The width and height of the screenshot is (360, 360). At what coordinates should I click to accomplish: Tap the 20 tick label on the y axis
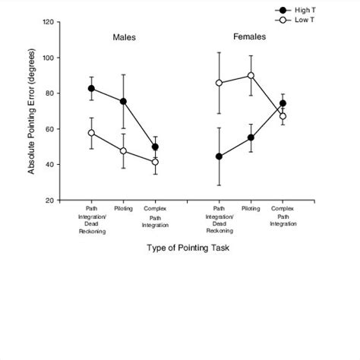pyautogui.click(x=49, y=201)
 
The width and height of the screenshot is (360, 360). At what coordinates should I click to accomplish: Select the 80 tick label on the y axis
pyautogui.click(x=49, y=93)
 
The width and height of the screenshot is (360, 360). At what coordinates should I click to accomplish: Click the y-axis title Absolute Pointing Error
pyautogui.click(x=32, y=111)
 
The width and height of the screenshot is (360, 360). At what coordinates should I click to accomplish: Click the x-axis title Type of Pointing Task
pyautogui.click(x=188, y=248)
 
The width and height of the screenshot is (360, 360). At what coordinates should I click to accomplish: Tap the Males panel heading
pyautogui.click(x=125, y=37)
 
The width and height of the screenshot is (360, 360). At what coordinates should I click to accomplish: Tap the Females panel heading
pyautogui.click(x=249, y=37)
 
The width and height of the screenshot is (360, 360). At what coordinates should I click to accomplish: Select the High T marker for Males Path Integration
pyautogui.click(x=91, y=88)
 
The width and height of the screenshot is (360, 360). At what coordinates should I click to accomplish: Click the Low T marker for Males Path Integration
pyautogui.click(x=91, y=133)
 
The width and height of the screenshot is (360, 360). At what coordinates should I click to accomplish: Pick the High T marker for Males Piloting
pyautogui.click(x=123, y=101)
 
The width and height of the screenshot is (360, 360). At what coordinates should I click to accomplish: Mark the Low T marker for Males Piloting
pyautogui.click(x=123, y=151)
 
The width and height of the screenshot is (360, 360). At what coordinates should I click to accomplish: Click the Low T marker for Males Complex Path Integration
pyautogui.click(x=155, y=162)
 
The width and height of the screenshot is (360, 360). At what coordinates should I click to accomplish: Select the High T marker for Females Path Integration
pyautogui.click(x=219, y=156)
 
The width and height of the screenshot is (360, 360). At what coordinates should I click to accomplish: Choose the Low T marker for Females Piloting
pyautogui.click(x=251, y=75)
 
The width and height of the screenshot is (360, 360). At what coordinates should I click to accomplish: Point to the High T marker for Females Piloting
pyautogui.click(x=251, y=137)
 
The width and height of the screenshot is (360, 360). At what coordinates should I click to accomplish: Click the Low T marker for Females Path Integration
pyautogui.click(x=219, y=83)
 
